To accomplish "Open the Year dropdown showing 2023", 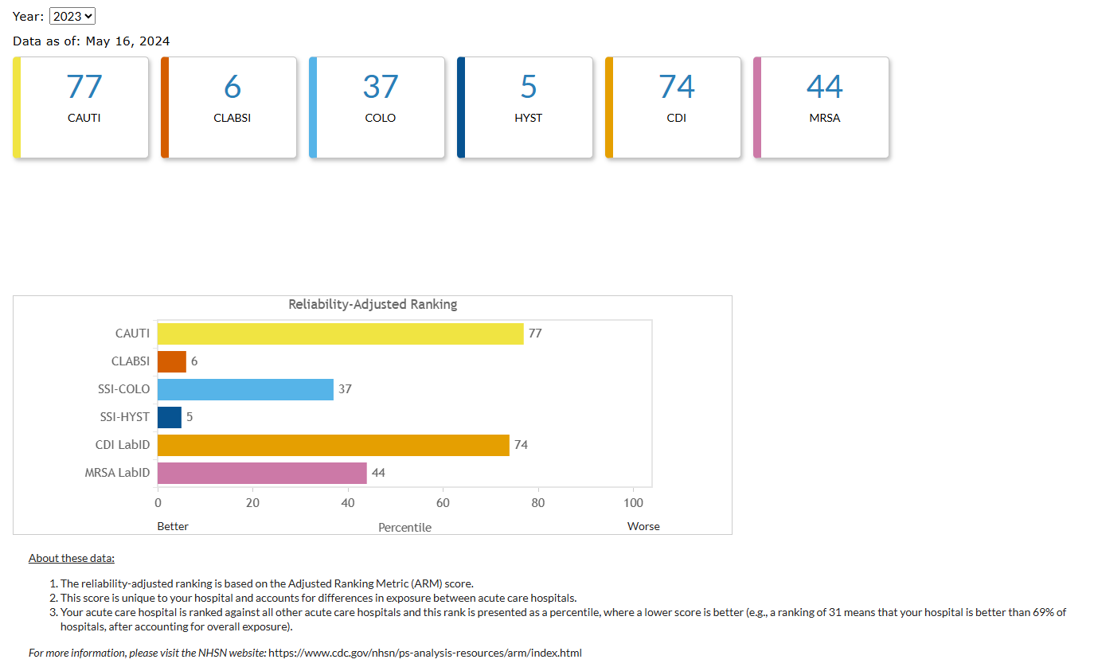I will click(x=72, y=16).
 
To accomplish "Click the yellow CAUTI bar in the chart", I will click(x=340, y=334).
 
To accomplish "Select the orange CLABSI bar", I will click(x=172, y=361).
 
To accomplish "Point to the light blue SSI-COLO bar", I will click(x=245, y=389).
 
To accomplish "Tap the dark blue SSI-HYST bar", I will click(x=170, y=417).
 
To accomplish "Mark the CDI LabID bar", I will click(x=333, y=445).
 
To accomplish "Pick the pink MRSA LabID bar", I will click(x=262, y=473).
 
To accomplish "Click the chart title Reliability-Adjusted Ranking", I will click(x=373, y=304).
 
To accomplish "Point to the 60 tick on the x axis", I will click(x=443, y=503).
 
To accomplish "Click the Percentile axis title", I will click(x=404, y=527).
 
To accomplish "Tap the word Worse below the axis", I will click(x=643, y=526).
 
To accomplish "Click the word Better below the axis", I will click(x=173, y=526).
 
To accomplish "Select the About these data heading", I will click(x=72, y=558).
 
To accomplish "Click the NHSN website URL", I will click(x=425, y=653).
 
